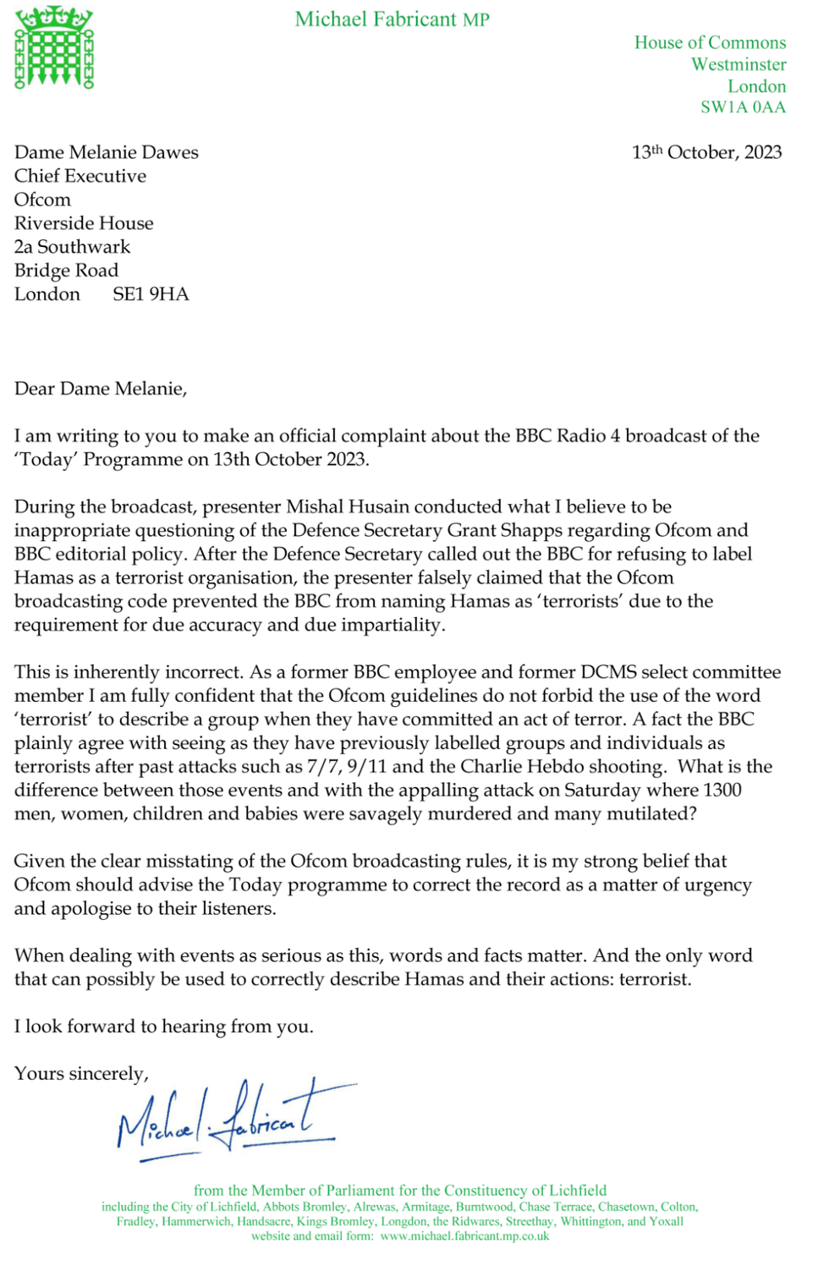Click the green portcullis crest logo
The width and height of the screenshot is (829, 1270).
click(x=53, y=47)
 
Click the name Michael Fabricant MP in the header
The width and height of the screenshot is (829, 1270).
click(x=392, y=19)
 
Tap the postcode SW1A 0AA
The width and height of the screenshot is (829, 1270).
click(x=743, y=107)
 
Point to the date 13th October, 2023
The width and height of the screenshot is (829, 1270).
click(x=706, y=152)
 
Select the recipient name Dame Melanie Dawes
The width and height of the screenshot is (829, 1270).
click(x=107, y=152)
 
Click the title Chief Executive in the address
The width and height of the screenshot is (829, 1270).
click(x=80, y=176)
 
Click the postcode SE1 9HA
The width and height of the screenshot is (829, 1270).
click(x=151, y=294)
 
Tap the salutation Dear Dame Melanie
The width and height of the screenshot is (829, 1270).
click(x=100, y=389)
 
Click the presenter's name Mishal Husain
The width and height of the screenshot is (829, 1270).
click(x=348, y=506)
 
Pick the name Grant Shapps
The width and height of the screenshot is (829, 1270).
click(x=505, y=530)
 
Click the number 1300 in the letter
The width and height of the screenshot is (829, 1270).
click(x=722, y=790)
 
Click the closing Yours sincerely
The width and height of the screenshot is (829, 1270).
click(x=81, y=1074)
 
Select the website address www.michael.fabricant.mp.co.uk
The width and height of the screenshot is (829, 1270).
click(x=464, y=1236)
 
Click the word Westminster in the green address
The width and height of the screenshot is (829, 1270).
click(x=738, y=64)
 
